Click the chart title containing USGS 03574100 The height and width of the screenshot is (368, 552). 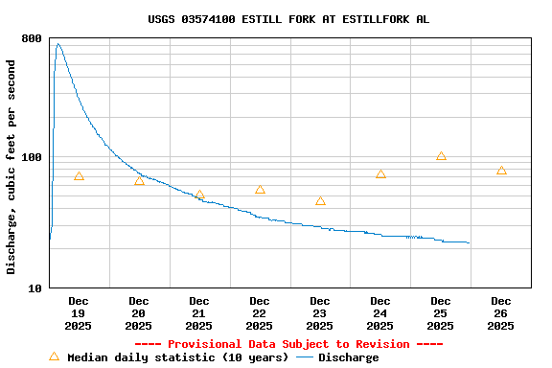(288, 19)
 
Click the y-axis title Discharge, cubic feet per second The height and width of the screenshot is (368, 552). (11, 167)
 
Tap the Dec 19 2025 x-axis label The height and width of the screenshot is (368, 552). (79, 313)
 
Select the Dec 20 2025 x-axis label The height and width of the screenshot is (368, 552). (139, 313)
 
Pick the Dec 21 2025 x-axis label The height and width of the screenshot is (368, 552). (199, 313)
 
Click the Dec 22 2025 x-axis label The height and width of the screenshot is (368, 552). (260, 313)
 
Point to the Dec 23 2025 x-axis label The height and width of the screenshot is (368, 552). (320, 313)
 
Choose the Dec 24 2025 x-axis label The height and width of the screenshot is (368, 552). (380, 313)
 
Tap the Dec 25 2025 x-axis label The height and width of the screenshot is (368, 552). (441, 313)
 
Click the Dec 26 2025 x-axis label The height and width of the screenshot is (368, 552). (501, 313)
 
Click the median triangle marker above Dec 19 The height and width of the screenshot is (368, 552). (79, 176)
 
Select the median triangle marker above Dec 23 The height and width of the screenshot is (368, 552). (320, 201)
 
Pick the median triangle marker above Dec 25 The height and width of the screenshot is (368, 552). (441, 156)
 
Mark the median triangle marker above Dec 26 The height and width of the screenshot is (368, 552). (501, 171)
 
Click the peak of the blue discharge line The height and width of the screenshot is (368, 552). (57, 43)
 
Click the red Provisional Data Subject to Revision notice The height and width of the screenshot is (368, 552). (288, 344)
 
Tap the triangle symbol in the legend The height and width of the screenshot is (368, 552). (54, 356)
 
